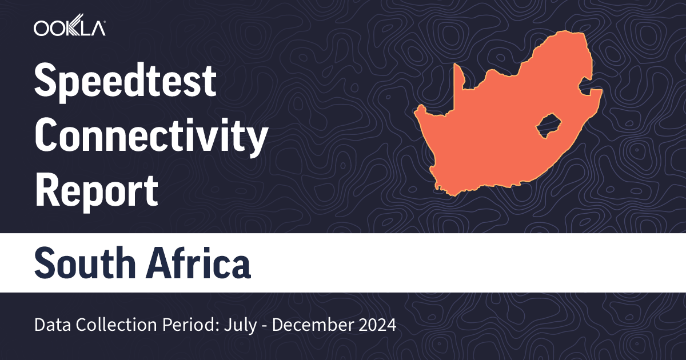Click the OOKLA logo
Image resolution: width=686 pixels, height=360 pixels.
click(69, 29)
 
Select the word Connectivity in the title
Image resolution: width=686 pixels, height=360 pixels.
click(151, 138)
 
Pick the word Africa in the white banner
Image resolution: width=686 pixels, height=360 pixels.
click(197, 263)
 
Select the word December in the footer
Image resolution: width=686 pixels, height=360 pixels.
click(316, 326)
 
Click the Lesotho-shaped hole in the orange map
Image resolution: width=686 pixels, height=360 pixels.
click(548, 125)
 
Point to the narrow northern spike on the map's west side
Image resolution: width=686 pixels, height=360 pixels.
click(457, 77)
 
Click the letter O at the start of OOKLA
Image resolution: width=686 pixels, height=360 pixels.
click(41, 29)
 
